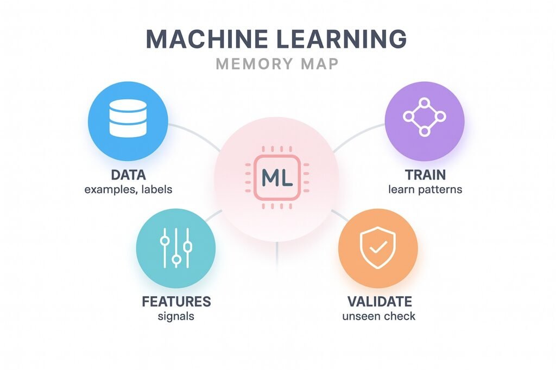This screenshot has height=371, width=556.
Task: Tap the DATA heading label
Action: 128,176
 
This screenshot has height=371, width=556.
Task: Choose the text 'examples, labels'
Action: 128,190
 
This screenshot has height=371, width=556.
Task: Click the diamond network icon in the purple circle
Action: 424,117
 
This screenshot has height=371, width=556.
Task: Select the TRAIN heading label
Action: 425,176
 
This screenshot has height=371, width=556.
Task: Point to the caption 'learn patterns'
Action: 425,190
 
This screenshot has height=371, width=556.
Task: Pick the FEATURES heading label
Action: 176,302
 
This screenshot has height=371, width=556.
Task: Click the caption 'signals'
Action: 176,316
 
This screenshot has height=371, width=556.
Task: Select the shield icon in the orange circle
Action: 378,247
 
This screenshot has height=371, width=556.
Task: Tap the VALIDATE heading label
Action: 379,302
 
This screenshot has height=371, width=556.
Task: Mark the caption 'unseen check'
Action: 379,316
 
